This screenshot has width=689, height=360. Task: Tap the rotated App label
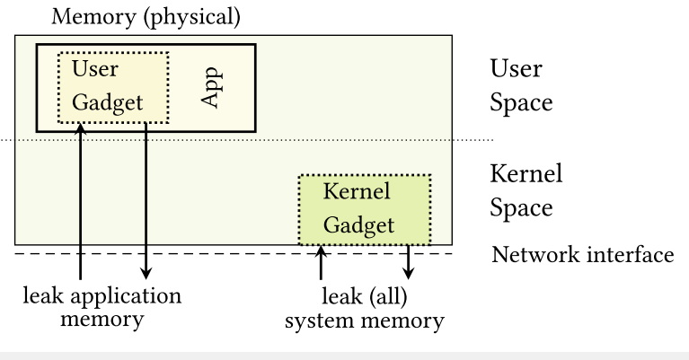tap(211, 86)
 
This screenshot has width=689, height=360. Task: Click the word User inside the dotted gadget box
tap(95, 69)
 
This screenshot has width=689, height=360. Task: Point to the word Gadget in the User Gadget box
tap(108, 102)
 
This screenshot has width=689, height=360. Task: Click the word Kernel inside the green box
tap(357, 192)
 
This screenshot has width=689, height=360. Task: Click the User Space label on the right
tap(521, 85)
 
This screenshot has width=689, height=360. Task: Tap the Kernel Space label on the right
tap(526, 189)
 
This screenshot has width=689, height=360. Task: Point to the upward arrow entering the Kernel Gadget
tap(321, 261)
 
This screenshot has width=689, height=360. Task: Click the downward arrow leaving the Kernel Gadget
tap(410, 261)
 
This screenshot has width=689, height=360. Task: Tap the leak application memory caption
tap(102, 307)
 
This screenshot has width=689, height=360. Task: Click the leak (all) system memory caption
tap(364, 307)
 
